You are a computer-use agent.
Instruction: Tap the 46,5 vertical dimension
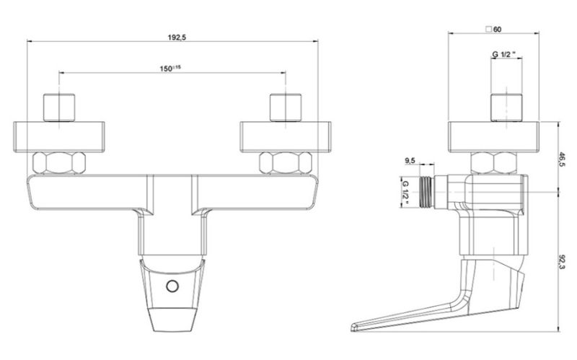click(x=561, y=159)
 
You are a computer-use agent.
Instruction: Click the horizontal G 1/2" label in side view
click(x=504, y=54)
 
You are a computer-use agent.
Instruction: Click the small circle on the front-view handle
click(x=171, y=286)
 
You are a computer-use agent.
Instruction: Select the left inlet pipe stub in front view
click(x=61, y=107)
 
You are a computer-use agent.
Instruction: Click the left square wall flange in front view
click(x=61, y=137)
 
